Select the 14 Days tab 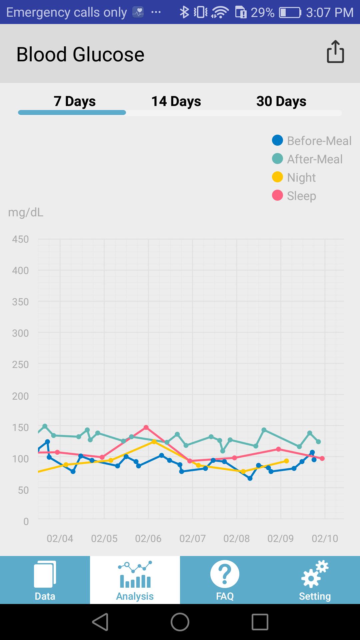(x=176, y=101)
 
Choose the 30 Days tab (x=281, y=101)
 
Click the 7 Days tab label (x=75, y=101)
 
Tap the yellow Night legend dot (x=277, y=177)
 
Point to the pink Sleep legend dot (x=277, y=195)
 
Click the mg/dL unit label (x=26, y=212)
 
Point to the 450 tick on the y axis (x=20, y=239)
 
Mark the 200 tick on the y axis (x=20, y=396)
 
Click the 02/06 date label (x=148, y=538)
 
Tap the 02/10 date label (x=325, y=538)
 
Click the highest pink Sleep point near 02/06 (x=146, y=427)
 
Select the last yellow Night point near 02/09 (x=286, y=461)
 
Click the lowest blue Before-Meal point (x=250, y=478)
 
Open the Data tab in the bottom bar (x=45, y=580)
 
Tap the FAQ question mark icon (x=225, y=574)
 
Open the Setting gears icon (x=315, y=574)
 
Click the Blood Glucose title (x=80, y=54)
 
